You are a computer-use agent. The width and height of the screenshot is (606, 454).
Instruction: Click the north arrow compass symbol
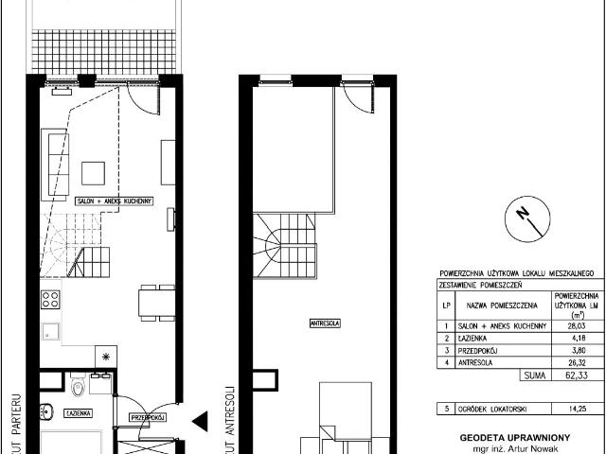[524, 217]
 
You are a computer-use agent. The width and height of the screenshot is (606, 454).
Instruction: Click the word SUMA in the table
[531, 375]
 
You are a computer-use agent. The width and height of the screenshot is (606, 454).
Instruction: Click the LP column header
[445, 305]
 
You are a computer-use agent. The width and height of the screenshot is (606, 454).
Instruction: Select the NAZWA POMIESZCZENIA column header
[496, 305]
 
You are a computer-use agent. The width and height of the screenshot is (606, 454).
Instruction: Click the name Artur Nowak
[525, 449]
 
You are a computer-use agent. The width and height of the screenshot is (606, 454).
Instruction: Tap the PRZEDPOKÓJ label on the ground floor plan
[149, 416]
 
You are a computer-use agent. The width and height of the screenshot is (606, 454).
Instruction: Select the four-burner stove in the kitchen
[50, 301]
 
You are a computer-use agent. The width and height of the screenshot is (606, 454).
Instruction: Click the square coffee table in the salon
[93, 172]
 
